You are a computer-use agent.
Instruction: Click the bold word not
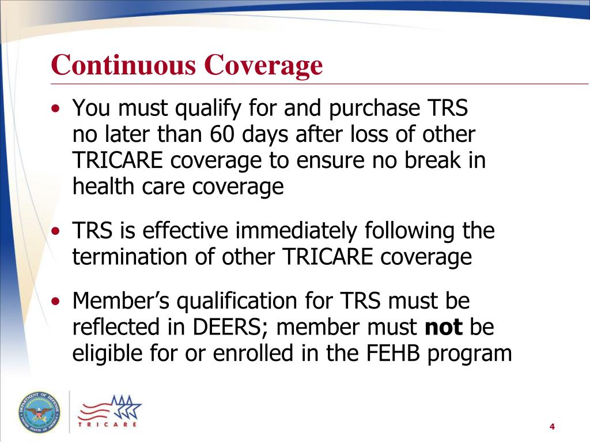444,327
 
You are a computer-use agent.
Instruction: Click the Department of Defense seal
38,411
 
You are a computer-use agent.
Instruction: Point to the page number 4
551,426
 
